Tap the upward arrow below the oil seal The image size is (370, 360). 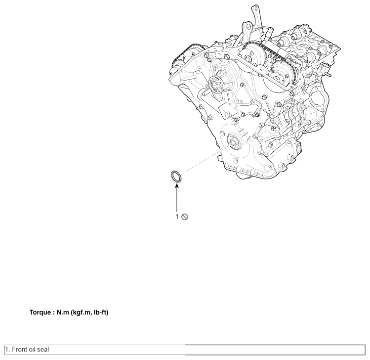click(176, 198)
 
